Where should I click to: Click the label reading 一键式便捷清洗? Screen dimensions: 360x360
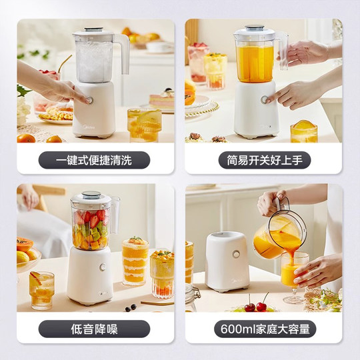94,160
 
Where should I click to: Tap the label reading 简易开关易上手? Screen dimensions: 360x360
265,160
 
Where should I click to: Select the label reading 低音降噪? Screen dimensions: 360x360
94,329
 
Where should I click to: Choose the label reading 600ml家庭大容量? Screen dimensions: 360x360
265,329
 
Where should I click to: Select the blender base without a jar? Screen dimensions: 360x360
227,262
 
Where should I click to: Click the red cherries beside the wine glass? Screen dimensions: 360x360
257,305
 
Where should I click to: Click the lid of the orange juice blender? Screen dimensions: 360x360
255,31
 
